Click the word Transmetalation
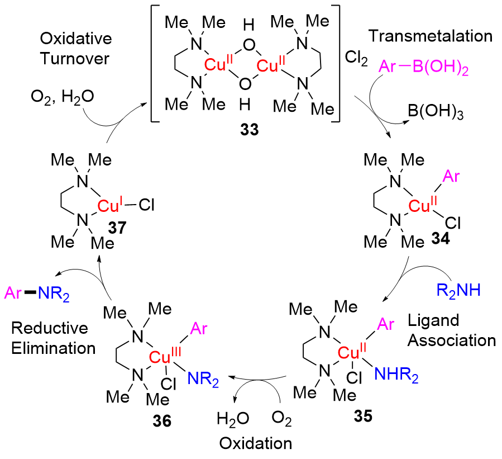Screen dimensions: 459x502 click(429, 37)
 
